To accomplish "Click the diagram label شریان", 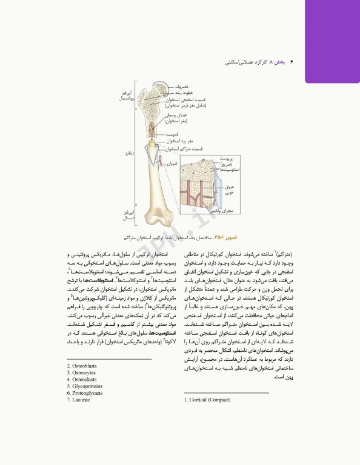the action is [x=172, y=162].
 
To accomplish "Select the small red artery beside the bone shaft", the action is [x=162, y=163].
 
